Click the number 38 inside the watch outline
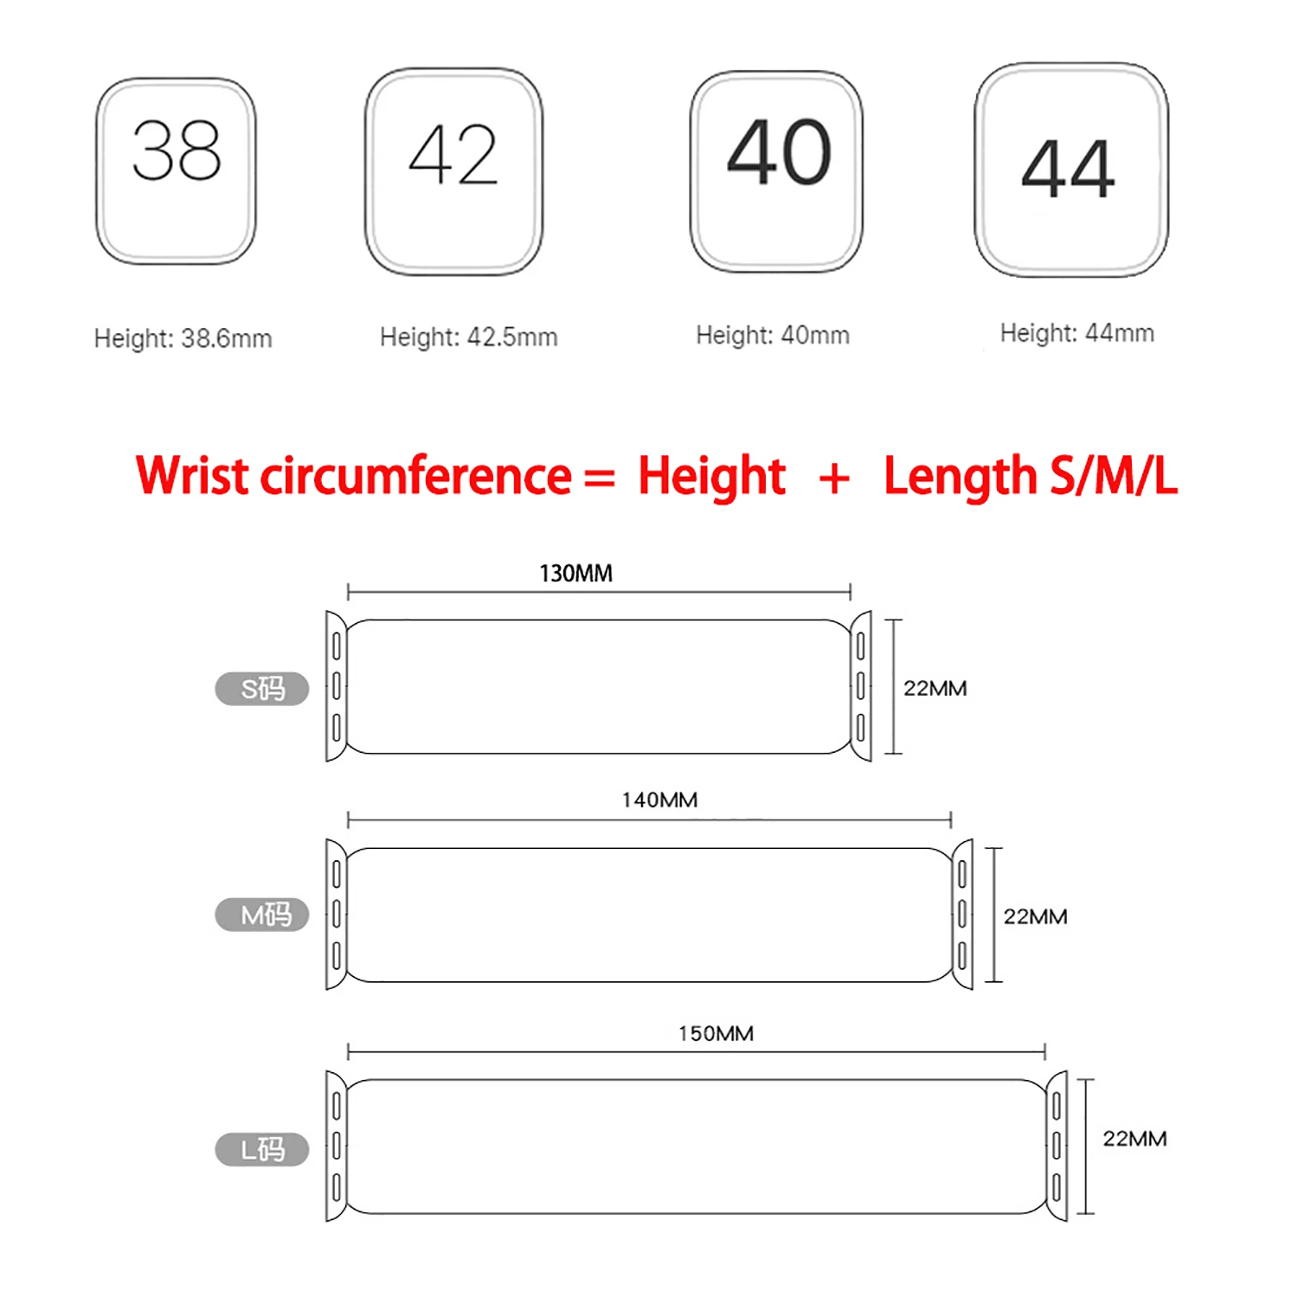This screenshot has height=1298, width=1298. click(x=177, y=151)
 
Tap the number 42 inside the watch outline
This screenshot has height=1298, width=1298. click(x=453, y=156)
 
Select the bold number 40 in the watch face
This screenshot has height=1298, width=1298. click(x=779, y=153)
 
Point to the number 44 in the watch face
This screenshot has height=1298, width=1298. click(x=1068, y=170)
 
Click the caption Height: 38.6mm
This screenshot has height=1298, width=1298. click(x=183, y=338)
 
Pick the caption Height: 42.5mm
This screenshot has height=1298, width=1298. click(x=468, y=337)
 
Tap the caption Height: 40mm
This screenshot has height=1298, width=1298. click(x=773, y=335)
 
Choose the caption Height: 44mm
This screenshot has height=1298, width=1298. click(x=1076, y=333)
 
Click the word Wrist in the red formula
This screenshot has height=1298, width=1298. click(x=192, y=476)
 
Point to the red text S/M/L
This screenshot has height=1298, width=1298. click(x=1113, y=476)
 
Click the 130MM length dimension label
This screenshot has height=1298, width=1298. click(x=575, y=574)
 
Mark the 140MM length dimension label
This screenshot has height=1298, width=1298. click(x=659, y=800)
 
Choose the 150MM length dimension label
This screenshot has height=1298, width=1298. click(x=716, y=1034)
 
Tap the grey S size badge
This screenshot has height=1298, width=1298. click(x=261, y=689)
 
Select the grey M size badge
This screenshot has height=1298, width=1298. click(x=261, y=915)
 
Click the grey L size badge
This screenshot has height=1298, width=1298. click(x=261, y=1149)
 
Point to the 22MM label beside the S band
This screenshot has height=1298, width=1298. click(x=935, y=689)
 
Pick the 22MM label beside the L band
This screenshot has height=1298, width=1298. click(x=1134, y=1139)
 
